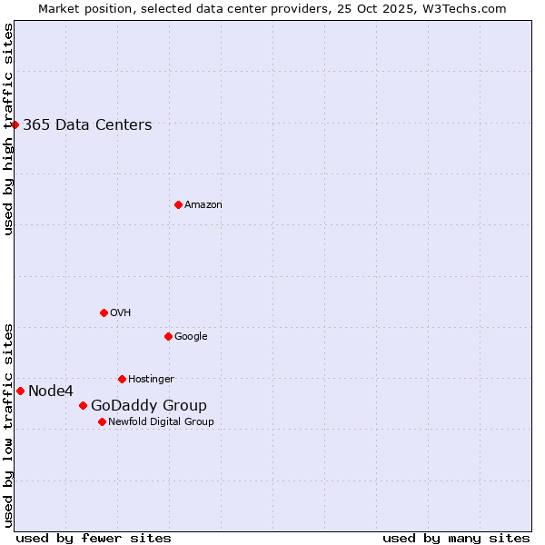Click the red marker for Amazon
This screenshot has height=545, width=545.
click(178, 204)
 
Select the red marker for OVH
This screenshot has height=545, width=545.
click(104, 312)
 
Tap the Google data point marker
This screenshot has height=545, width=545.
click(168, 336)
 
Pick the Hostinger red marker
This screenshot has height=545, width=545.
click(122, 379)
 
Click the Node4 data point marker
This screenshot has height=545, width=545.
click(20, 391)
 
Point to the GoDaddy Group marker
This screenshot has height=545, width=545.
click(83, 405)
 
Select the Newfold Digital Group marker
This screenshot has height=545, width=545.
click(102, 421)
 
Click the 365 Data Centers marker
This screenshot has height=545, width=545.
click(15, 124)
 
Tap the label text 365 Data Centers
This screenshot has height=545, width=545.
click(87, 125)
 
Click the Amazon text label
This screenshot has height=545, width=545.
click(203, 205)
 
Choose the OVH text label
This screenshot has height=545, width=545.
click(121, 313)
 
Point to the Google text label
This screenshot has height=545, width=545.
click(191, 337)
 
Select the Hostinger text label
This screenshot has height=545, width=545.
click(151, 380)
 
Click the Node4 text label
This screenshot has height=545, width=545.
click(51, 391)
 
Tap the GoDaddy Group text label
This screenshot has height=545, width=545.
click(149, 406)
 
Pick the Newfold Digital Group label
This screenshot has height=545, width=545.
click(161, 422)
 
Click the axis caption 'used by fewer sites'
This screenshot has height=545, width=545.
click(94, 539)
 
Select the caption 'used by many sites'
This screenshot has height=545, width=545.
click(456, 539)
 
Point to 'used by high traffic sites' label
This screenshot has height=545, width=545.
click(9, 129)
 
